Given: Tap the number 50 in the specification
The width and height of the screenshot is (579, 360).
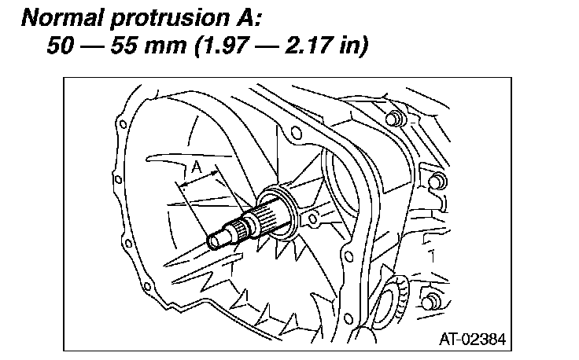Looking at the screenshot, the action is [61, 46].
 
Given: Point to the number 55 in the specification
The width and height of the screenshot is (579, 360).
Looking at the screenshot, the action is [124, 46].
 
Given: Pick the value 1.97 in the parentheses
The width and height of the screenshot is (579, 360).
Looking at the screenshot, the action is [224, 46].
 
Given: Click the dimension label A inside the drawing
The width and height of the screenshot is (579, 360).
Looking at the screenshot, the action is [197, 167].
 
